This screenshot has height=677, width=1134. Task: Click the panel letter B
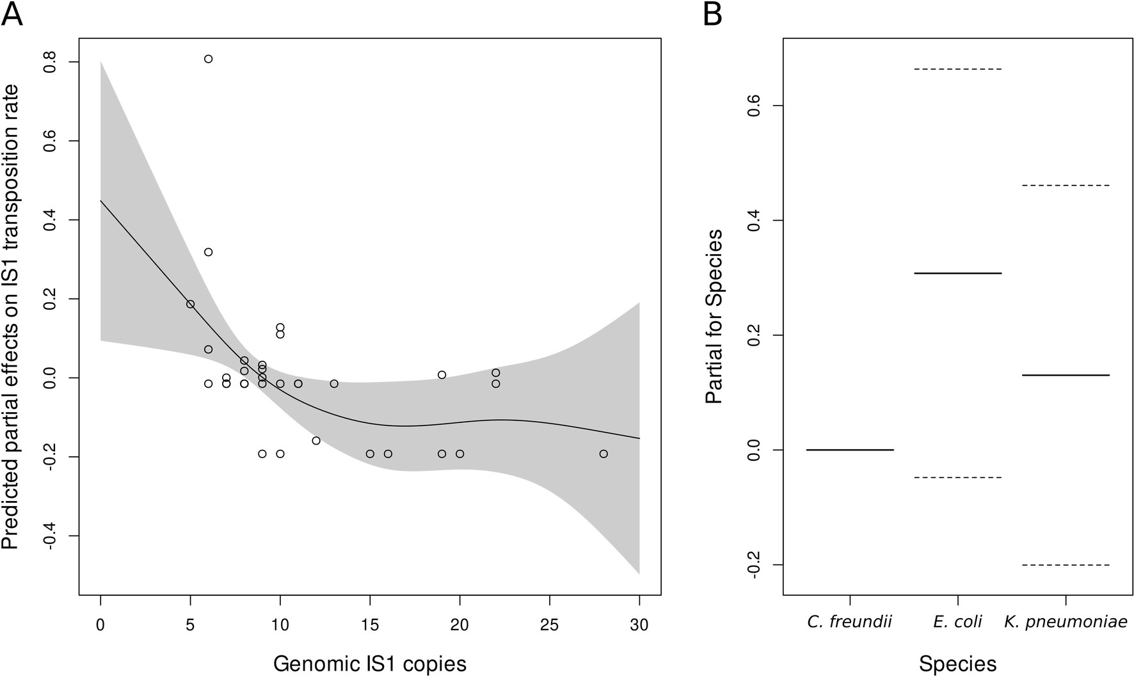[x=712, y=14]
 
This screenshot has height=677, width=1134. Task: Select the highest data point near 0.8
[x=208, y=59]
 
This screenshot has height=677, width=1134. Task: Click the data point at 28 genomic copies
[x=603, y=454]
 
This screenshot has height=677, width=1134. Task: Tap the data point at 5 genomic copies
[x=190, y=304]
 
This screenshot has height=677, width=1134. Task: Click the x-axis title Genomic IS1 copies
[x=370, y=664]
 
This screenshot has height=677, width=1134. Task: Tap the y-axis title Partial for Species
[x=714, y=316]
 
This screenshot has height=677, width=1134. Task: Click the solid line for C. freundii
[x=849, y=450]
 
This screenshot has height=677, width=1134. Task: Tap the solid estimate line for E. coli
[x=957, y=273]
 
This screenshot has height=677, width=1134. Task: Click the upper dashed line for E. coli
[x=957, y=68]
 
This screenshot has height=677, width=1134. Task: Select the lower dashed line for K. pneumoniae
[x=1066, y=565]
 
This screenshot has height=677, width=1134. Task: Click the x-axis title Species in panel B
[x=957, y=664]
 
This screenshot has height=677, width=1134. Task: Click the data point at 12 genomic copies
[x=316, y=440]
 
